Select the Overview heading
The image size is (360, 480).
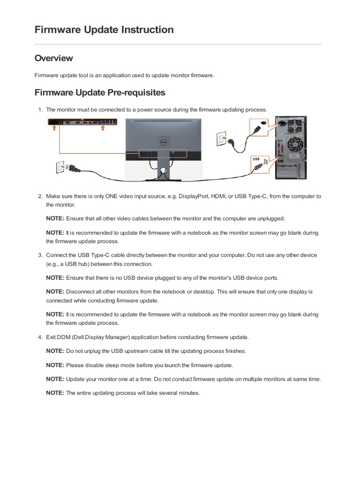tap(53, 58)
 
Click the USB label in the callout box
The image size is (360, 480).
tap(256, 159)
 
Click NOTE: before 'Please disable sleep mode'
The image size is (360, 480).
tap(55, 365)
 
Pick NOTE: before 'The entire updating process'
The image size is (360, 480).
tap(55, 393)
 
